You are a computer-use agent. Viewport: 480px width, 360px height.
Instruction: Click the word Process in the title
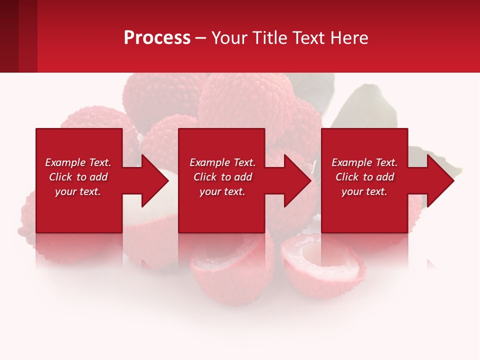(x=157, y=38)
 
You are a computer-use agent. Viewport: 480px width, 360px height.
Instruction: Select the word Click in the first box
(x=60, y=177)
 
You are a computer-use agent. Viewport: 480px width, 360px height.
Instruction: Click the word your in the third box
(x=352, y=191)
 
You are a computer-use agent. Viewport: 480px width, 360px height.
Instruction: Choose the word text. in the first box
(x=89, y=191)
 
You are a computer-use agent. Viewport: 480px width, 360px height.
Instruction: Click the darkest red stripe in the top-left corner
(x=9, y=36)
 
